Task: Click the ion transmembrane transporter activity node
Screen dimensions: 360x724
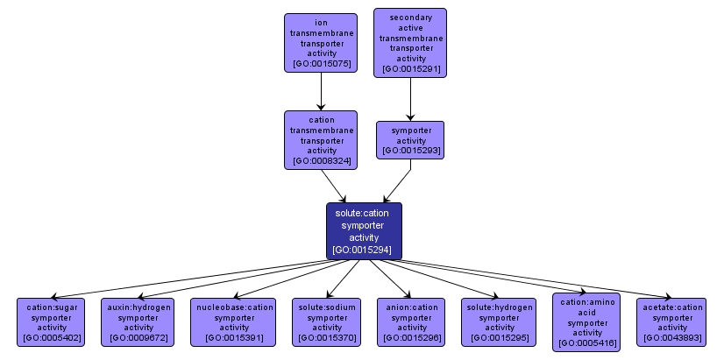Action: (x=321, y=42)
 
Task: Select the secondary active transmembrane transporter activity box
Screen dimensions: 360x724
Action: (x=409, y=42)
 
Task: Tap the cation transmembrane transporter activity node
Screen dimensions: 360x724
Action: (x=321, y=139)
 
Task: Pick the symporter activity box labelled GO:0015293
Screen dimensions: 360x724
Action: (x=409, y=139)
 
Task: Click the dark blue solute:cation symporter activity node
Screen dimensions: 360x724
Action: (x=364, y=230)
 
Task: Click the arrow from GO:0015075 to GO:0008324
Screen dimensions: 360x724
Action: (x=321, y=91)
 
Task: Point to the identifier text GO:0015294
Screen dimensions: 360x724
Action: (x=364, y=251)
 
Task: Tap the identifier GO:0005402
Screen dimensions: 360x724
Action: (x=52, y=337)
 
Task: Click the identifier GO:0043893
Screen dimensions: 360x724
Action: (x=672, y=337)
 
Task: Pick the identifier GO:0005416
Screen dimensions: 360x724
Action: (x=586, y=343)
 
